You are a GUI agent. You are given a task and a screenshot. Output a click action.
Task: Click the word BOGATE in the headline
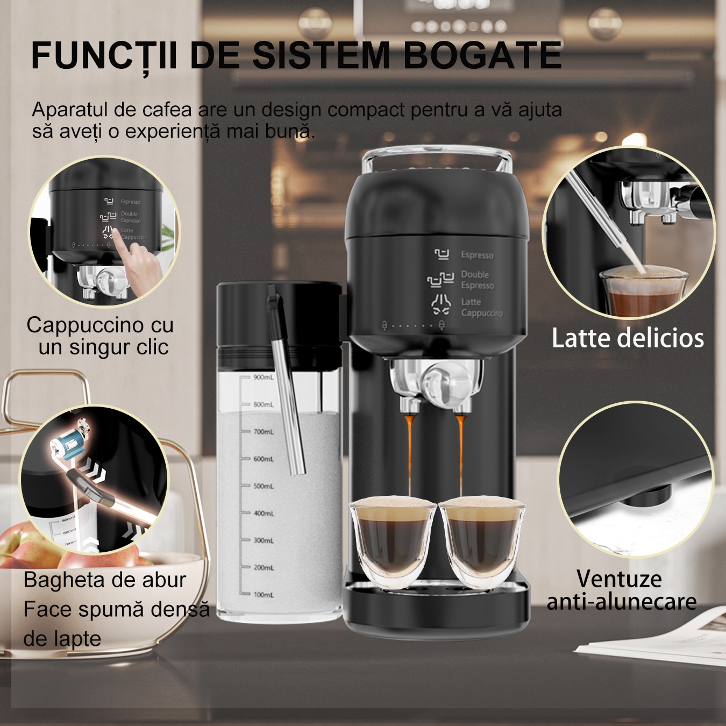click(x=482, y=55)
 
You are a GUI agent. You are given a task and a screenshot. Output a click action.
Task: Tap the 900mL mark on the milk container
click(x=264, y=378)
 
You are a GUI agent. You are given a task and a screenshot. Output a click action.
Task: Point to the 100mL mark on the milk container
click(x=264, y=595)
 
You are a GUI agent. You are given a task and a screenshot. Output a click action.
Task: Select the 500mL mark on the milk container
click(x=264, y=486)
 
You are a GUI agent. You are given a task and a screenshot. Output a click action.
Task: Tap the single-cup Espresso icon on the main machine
click(x=442, y=254)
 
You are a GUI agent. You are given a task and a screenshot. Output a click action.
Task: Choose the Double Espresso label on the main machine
click(x=477, y=280)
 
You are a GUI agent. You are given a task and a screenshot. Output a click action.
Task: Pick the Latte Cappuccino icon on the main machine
click(x=441, y=305)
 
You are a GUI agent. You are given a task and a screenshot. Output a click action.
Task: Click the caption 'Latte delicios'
click(x=628, y=339)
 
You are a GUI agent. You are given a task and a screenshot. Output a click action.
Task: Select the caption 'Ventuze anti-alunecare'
click(x=621, y=590)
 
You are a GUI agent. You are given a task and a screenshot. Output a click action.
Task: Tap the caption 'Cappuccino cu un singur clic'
click(x=101, y=336)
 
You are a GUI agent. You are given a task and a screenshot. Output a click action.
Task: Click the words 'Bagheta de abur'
click(x=105, y=580)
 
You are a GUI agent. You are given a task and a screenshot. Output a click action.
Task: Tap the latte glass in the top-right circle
click(x=643, y=293)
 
